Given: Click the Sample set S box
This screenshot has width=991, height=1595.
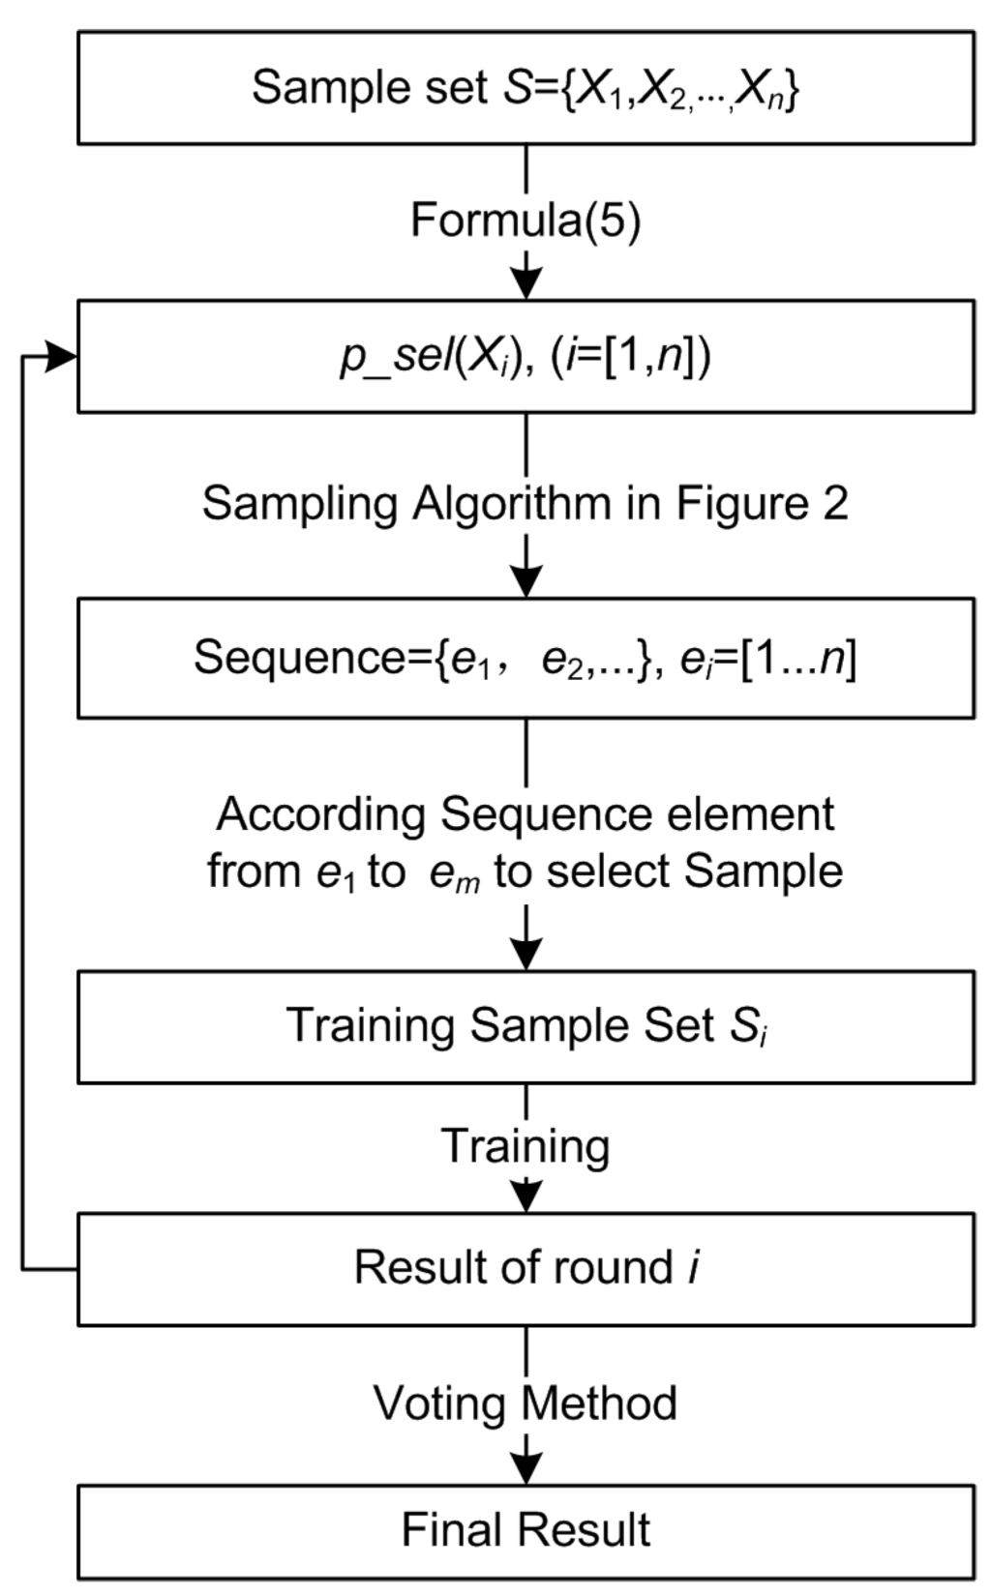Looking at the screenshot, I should tap(526, 88).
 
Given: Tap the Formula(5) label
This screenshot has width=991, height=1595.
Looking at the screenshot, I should tap(526, 221).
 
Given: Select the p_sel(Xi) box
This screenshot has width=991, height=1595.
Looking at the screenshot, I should tap(526, 357).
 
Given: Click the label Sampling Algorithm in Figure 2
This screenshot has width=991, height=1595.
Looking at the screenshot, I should tap(526, 504).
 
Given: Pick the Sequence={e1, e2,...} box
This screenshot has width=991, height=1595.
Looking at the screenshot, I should tap(526, 659).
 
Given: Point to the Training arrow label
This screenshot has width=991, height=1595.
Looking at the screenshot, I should tap(526, 1146).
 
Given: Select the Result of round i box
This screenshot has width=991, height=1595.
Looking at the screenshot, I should tap(526, 1268).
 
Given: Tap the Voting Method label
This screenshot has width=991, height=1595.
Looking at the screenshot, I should tap(526, 1403).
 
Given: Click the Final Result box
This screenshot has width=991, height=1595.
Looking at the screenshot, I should tap(526, 1531).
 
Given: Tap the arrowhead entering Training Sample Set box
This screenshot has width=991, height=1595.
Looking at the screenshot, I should tap(526, 955).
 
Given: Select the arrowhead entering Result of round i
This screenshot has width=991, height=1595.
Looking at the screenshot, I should tap(526, 1197).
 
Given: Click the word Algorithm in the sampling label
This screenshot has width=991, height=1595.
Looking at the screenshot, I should tap(513, 504).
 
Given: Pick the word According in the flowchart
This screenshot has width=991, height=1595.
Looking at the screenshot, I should tap(320, 814).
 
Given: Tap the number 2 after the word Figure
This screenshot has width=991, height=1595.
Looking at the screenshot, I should tap(835, 504).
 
